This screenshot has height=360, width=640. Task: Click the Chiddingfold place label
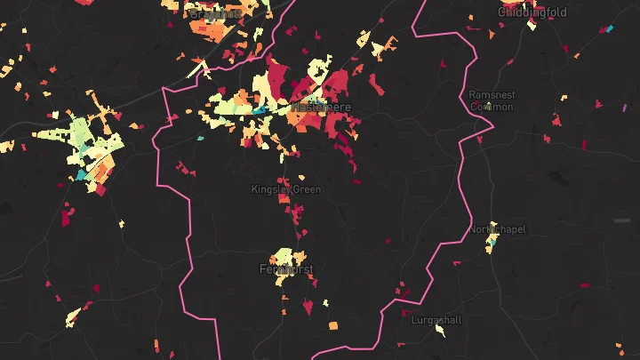(532, 12)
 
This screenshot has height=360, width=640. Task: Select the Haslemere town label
(321, 108)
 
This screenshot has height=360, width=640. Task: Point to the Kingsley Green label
(285, 189)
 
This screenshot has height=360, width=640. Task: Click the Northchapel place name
(497, 229)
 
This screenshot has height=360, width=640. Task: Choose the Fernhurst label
(286, 268)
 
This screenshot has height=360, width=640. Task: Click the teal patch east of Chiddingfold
(609, 29)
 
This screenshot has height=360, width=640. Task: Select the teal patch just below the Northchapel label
(490, 246)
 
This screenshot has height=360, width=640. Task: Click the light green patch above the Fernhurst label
(284, 256)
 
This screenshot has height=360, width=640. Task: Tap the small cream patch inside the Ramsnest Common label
(488, 106)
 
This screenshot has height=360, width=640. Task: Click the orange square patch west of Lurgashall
(333, 326)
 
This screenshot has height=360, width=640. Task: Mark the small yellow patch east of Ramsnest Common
(562, 98)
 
